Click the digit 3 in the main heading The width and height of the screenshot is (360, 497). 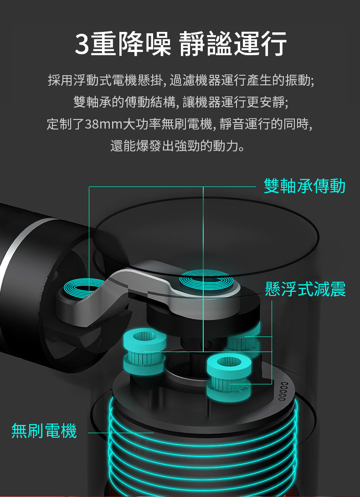pos(82,44)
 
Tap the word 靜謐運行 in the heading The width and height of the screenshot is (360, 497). pos(233,44)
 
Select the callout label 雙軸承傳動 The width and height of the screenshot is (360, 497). pos(304,186)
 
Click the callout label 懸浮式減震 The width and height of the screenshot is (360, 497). pos(305,289)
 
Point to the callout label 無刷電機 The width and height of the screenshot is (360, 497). pos(44,430)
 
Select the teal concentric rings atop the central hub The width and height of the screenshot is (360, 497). pos(204,279)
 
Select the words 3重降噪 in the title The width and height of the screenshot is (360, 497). pos(122,44)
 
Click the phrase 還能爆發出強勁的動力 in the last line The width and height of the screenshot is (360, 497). pos(178,147)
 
